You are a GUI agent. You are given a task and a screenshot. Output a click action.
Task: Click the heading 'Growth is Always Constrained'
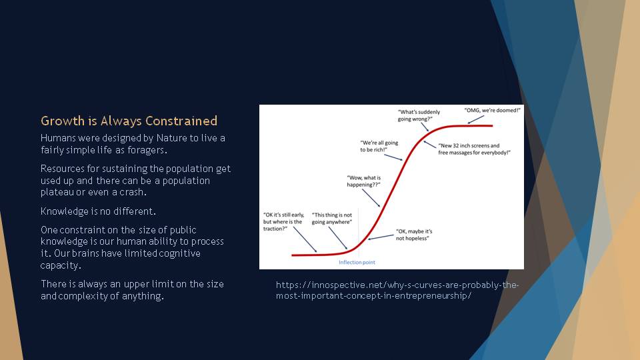click(x=129, y=121)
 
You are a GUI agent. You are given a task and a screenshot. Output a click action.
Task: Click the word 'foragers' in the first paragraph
click(x=147, y=150)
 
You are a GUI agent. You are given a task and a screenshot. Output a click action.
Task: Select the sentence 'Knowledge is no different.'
click(x=99, y=211)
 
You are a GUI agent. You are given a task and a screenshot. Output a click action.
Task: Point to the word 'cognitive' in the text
click(x=179, y=253)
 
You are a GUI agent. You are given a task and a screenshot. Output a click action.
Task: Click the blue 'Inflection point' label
click(x=357, y=263)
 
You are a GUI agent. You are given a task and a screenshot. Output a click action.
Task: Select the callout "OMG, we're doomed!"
click(x=492, y=110)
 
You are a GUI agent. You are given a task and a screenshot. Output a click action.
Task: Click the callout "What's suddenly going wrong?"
click(x=419, y=115)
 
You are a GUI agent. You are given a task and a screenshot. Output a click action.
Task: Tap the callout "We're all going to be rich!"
click(x=379, y=146)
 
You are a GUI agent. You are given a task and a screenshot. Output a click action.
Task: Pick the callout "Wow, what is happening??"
click(x=364, y=181)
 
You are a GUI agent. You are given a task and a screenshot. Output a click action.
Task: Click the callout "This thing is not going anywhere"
click(x=332, y=219)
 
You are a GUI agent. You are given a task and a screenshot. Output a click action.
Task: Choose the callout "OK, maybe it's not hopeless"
click(x=414, y=235)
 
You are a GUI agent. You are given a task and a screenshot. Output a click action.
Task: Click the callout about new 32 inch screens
click(x=474, y=149)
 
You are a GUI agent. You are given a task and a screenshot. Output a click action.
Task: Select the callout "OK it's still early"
click(x=283, y=221)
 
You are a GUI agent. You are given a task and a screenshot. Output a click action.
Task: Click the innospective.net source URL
click(x=397, y=290)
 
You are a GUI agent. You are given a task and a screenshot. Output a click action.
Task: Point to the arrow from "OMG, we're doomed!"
click(x=475, y=119)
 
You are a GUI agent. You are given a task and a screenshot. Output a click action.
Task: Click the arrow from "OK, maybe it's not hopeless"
click(x=381, y=237)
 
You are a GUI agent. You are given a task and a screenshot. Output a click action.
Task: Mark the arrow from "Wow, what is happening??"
click(x=371, y=199)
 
